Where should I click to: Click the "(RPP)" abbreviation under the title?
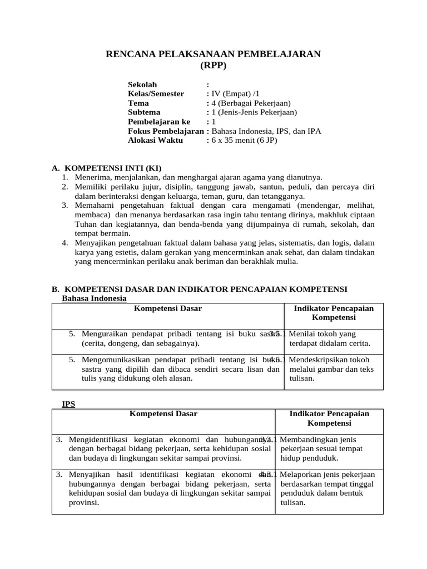click(213, 65)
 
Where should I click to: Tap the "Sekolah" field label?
click(142, 84)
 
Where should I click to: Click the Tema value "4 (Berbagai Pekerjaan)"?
click(251, 103)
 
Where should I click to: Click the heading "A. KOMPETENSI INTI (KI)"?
click(106, 168)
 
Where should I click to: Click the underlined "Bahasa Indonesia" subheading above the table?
click(94, 298)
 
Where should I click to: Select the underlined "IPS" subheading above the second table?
click(68, 404)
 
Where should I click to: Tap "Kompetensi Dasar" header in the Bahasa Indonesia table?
click(168, 308)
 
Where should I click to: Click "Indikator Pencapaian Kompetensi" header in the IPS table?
click(329, 418)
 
